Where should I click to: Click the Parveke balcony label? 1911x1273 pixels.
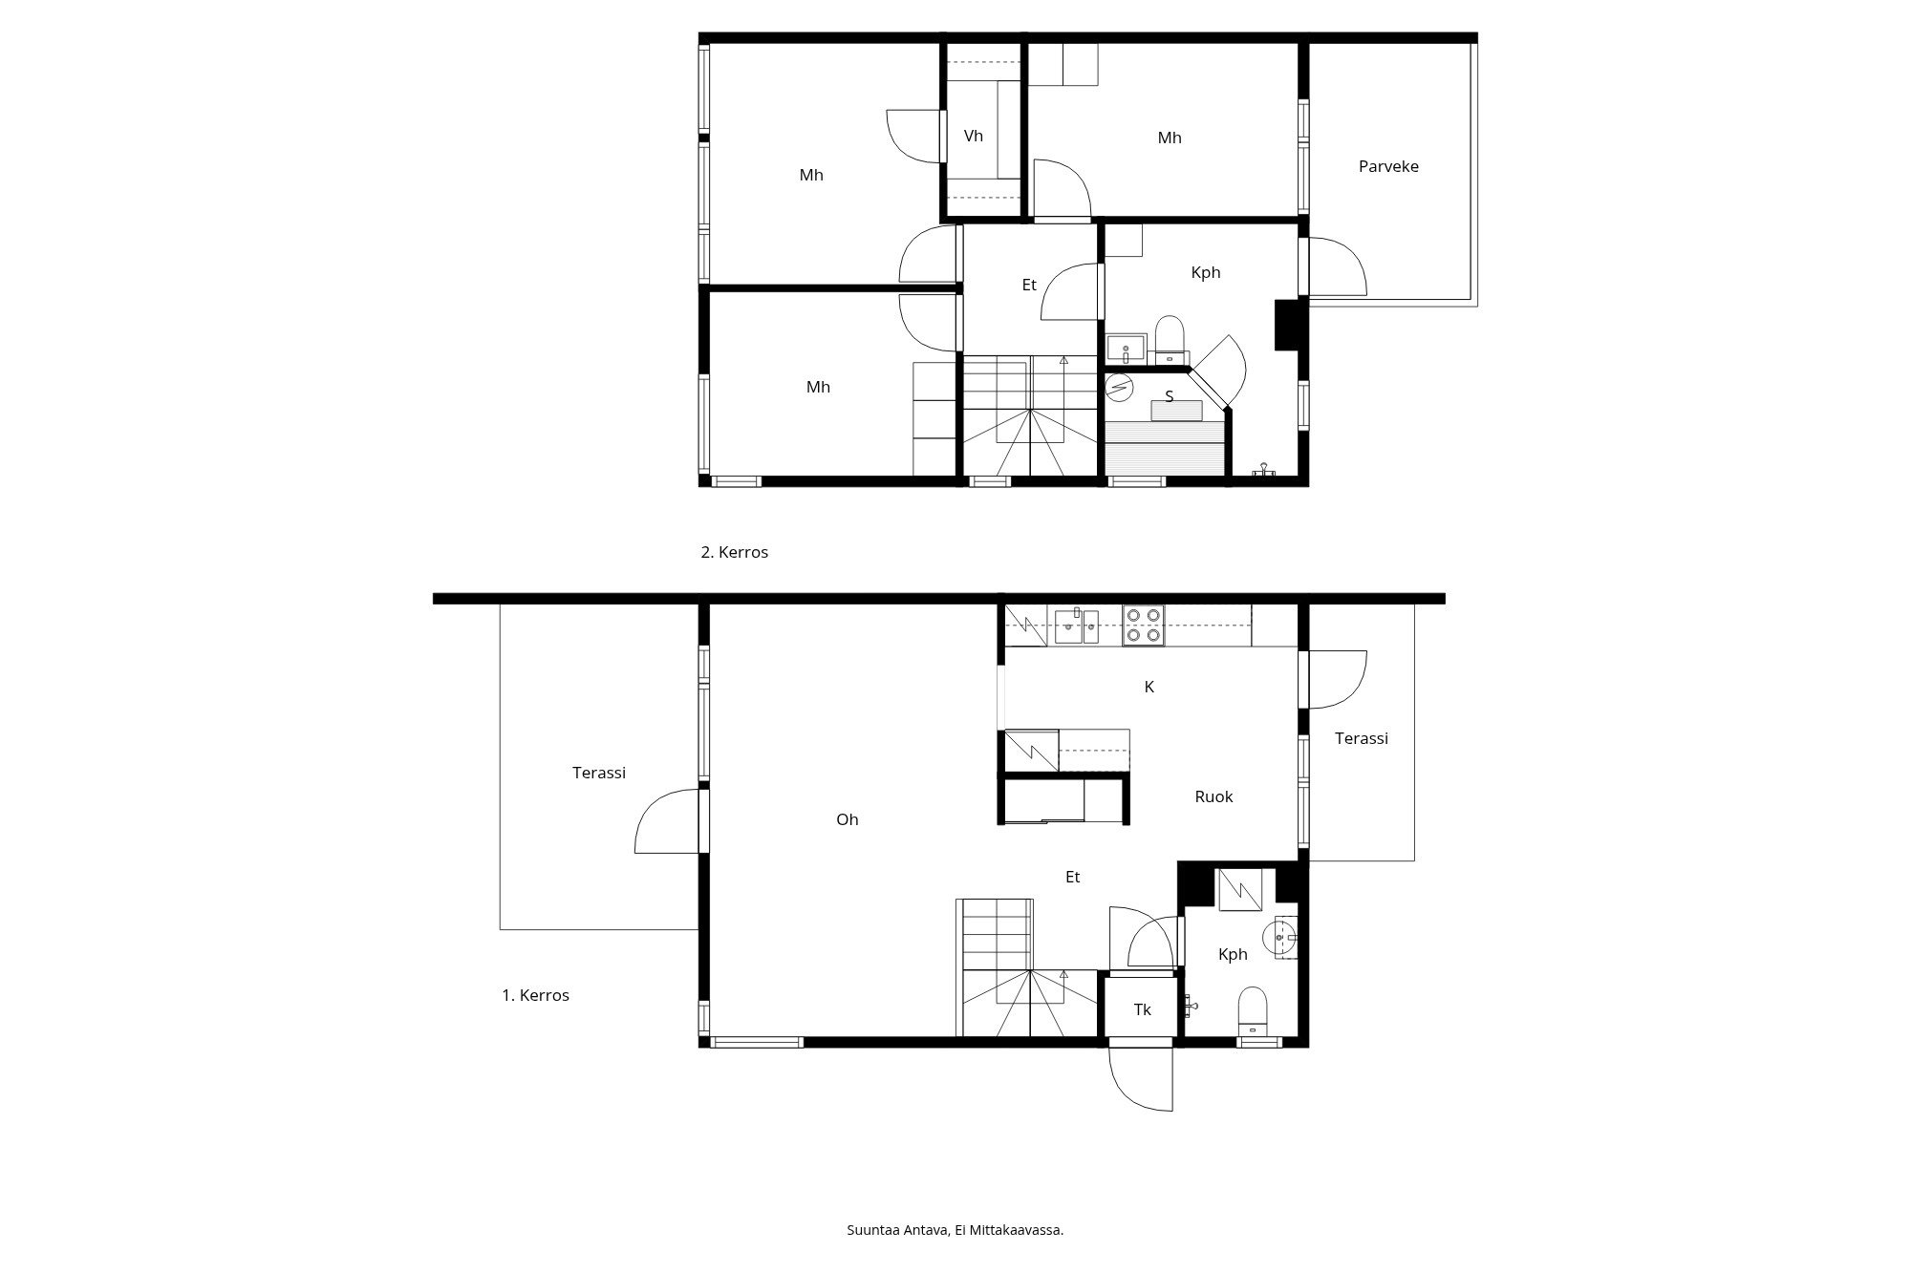click(1388, 166)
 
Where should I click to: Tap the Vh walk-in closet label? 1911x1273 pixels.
click(973, 136)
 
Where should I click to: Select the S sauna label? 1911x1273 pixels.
click(1169, 396)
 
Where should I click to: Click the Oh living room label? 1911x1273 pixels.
click(847, 819)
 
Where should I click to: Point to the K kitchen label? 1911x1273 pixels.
click(1149, 687)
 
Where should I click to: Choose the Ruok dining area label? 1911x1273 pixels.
click(1213, 796)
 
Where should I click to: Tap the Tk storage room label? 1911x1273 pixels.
click(1143, 1009)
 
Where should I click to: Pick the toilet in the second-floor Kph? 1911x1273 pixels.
click(1170, 339)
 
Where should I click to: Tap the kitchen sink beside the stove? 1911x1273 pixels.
click(1077, 626)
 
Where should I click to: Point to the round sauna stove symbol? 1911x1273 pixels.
click(1119, 386)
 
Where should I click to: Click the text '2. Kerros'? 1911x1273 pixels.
click(735, 552)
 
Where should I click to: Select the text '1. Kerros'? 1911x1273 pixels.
click(535, 995)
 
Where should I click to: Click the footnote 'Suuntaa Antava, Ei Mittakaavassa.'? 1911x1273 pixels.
click(955, 1230)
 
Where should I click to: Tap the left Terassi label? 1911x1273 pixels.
click(599, 773)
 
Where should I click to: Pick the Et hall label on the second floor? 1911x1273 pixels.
click(1029, 285)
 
